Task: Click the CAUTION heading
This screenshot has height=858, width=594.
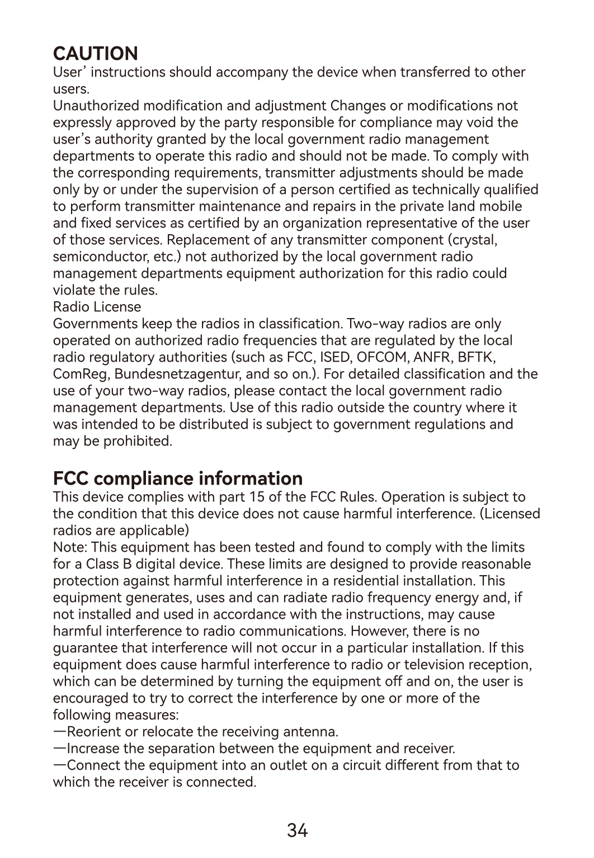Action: coord(95,54)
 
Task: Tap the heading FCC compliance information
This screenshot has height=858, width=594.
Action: coord(178,478)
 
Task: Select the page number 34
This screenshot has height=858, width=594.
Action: coord(297,831)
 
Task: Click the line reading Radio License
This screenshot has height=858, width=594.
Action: coord(97,307)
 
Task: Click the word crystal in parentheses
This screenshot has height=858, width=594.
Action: coord(475,240)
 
